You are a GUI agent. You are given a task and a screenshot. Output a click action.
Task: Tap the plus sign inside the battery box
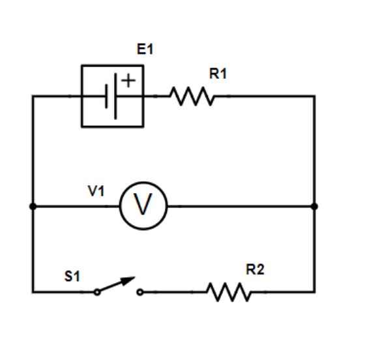coord(128,81)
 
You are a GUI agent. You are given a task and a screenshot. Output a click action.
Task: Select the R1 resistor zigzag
coord(192,97)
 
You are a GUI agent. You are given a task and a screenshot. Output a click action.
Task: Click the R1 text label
coord(218,74)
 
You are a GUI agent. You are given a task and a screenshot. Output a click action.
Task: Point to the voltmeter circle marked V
coord(143,206)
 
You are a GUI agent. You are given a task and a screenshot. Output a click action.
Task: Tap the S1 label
coord(72,277)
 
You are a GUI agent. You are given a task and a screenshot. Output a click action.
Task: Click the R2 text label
coord(255,269)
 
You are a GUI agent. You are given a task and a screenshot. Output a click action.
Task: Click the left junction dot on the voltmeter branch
coord(33,206)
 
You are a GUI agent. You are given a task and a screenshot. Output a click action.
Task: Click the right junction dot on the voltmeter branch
coord(314,206)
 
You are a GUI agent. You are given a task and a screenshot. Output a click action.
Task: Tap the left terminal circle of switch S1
coord(97,292)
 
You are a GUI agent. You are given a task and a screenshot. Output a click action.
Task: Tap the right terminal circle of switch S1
coord(139,292)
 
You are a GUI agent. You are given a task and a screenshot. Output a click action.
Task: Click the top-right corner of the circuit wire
coord(314,97)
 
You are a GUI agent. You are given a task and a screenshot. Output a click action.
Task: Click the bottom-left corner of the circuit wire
coord(33,292)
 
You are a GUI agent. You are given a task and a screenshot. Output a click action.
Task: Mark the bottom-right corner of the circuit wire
coord(314,292)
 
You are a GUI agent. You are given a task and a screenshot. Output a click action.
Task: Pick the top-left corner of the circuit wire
coord(33,97)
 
